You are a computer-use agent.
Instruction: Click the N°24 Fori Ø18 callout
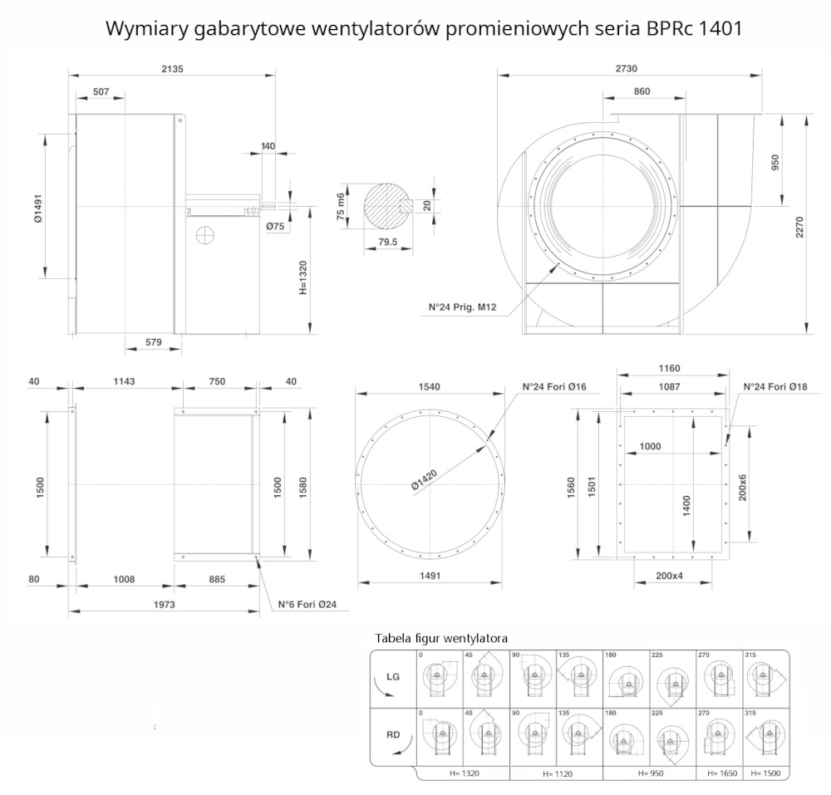point(774,386)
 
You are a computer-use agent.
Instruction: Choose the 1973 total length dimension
point(164,605)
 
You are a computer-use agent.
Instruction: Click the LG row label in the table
point(394,677)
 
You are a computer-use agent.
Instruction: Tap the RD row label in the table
point(394,734)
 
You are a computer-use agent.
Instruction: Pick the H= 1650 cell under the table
point(720,773)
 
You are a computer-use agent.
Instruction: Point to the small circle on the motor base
point(204,235)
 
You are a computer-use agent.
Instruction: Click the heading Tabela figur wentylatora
point(441,638)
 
